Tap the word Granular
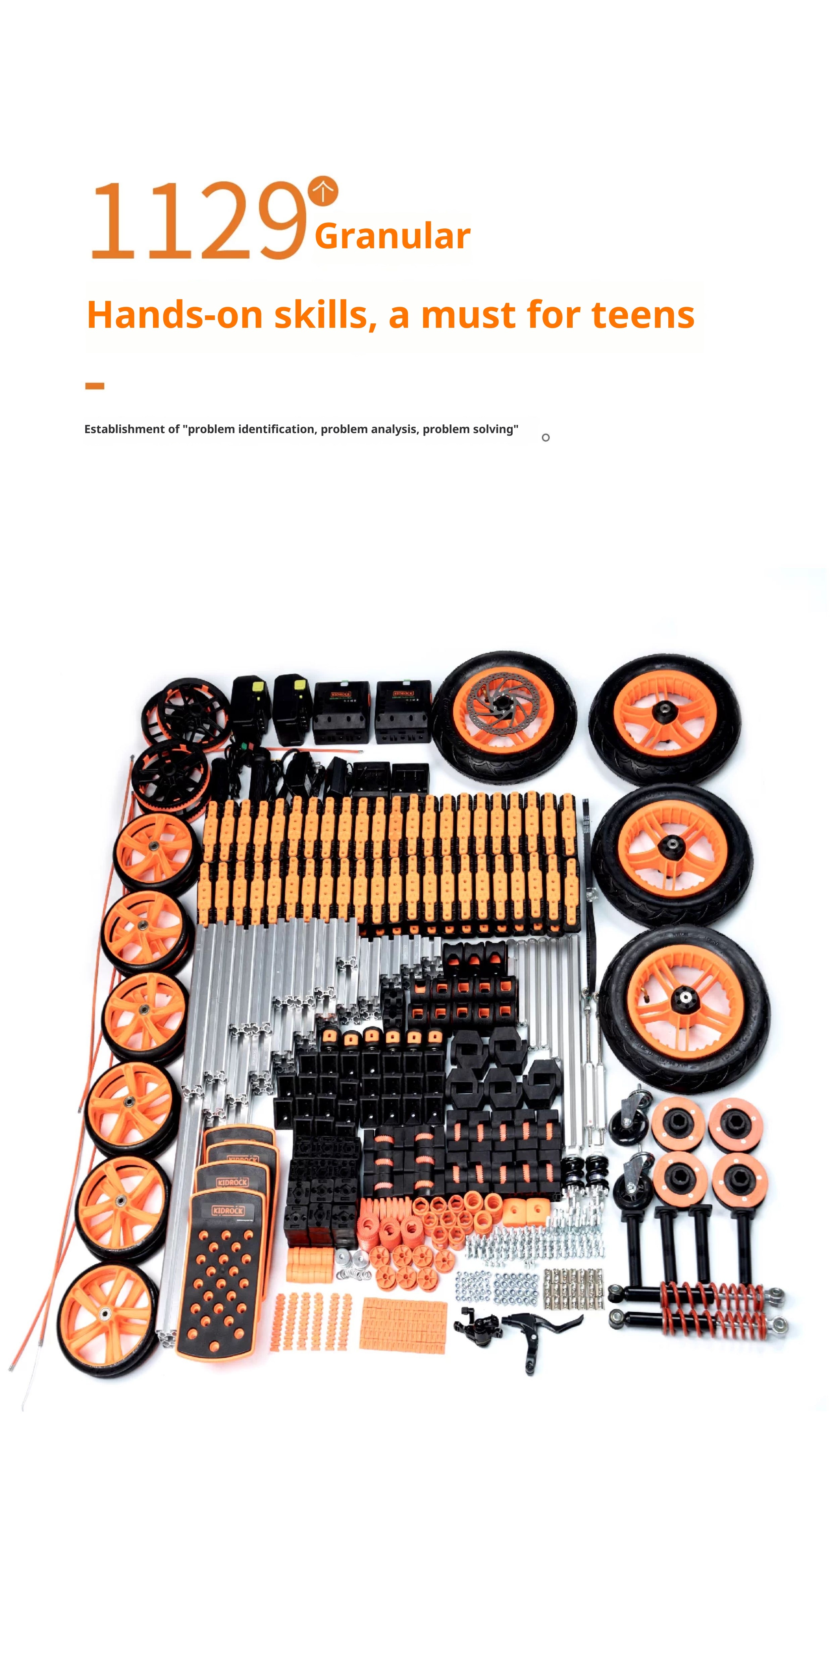click(392, 236)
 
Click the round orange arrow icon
click(323, 191)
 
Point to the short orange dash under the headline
click(95, 386)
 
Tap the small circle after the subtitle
click(546, 438)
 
